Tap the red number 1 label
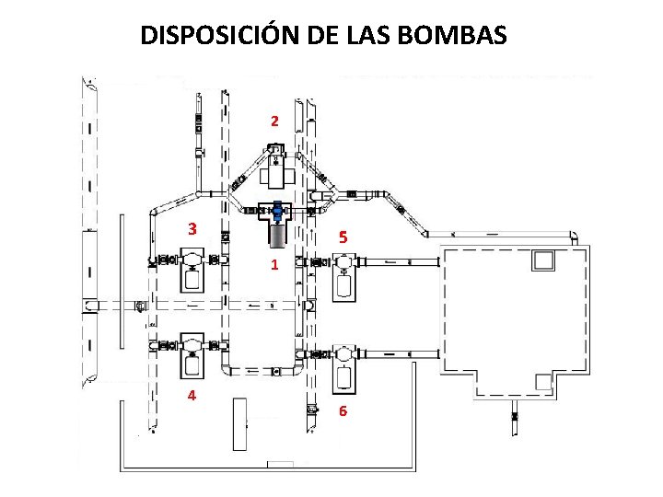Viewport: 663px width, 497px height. (x=273, y=266)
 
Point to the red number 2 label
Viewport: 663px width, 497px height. (x=273, y=121)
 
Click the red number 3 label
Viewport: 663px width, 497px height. (x=192, y=229)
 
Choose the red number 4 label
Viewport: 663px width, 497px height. (x=192, y=396)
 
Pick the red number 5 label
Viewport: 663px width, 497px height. (x=343, y=238)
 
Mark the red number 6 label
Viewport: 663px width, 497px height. (x=343, y=411)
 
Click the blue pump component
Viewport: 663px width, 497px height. (x=277, y=212)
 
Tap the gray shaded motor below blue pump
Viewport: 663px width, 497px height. (x=277, y=235)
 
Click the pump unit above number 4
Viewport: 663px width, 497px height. (x=192, y=355)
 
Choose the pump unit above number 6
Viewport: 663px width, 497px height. (x=343, y=364)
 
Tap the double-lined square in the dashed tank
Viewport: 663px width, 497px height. (x=543, y=260)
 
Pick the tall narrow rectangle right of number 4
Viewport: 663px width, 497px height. (x=239, y=424)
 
